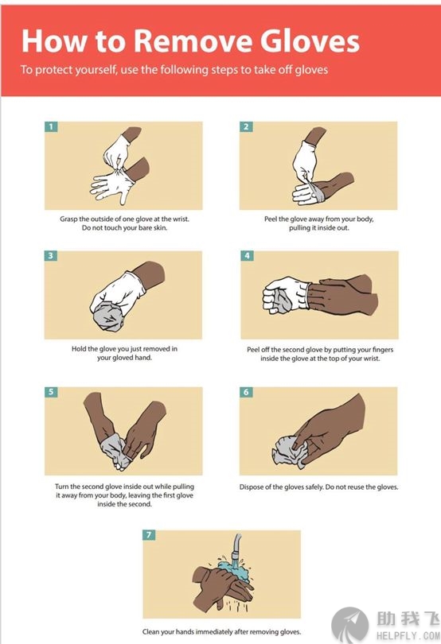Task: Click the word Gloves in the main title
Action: pos(310,41)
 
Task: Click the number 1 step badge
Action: pos(51,126)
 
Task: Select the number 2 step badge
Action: pos(246,126)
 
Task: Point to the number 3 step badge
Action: pos(50,256)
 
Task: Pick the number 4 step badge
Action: pos(247,256)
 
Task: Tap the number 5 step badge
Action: pos(51,391)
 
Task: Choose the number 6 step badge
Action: pos(246,392)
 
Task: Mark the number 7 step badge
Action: pos(149,535)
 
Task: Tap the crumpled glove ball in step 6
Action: pos(289,452)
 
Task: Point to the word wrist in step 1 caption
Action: pos(181,219)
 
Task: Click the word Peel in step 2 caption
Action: pos(271,219)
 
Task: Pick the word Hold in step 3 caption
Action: pos(79,349)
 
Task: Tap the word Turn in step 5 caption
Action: pos(62,487)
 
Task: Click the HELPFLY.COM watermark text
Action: pos(408,636)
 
